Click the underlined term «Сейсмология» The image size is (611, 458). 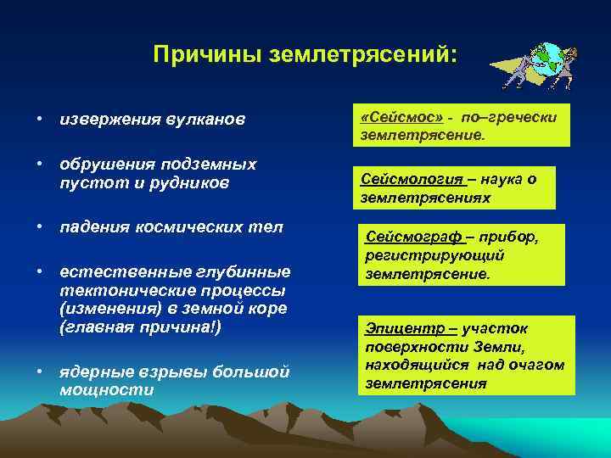(411, 179)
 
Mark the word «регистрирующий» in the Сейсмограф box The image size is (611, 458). (435, 256)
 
